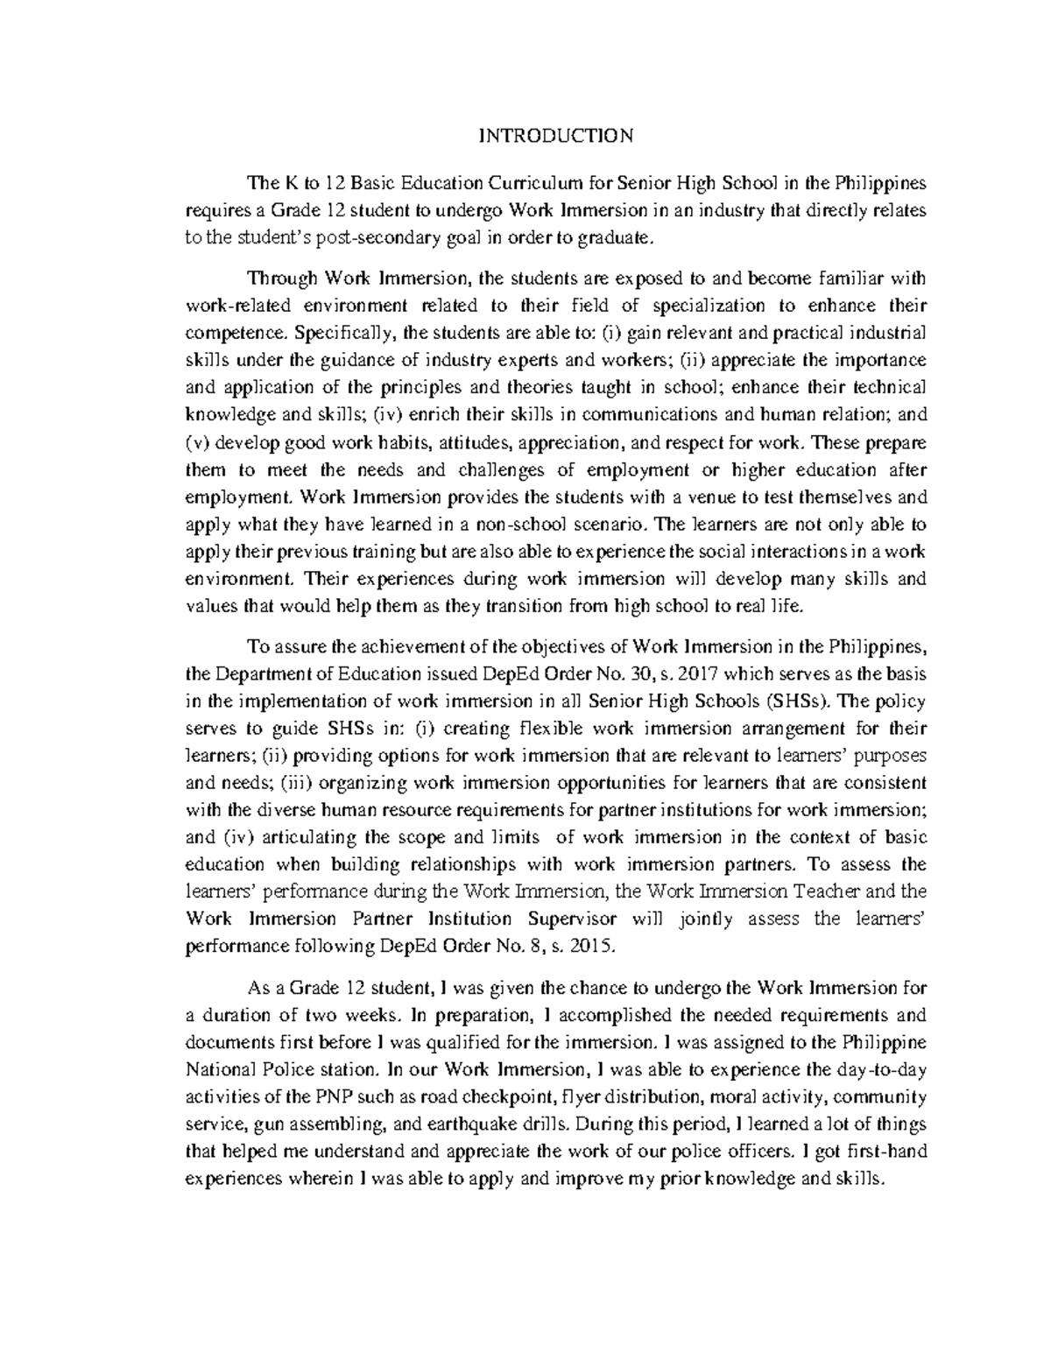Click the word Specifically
345,333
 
